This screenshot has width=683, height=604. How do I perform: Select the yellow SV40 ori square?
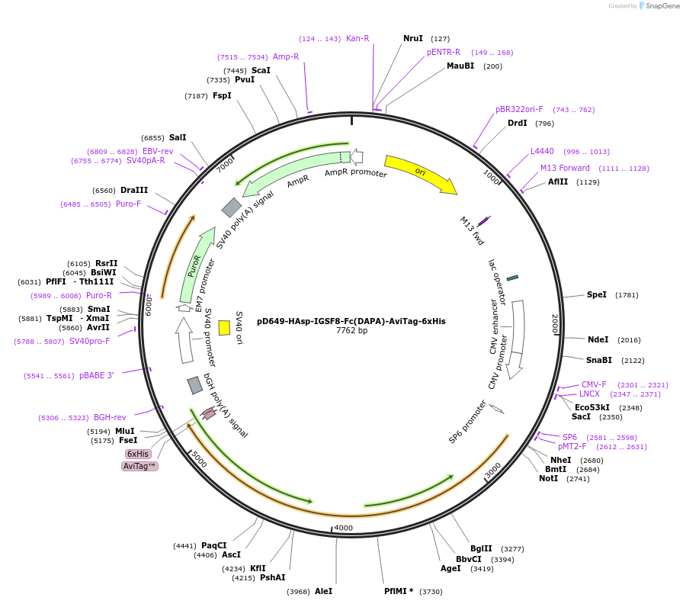(x=224, y=327)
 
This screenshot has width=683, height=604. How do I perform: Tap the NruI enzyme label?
(x=413, y=38)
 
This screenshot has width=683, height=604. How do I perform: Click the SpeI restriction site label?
(x=597, y=294)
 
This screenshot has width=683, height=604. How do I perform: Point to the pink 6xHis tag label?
(x=138, y=454)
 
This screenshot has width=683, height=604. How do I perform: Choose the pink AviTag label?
(x=139, y=466)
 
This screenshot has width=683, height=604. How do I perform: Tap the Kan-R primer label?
(x=358, y=38)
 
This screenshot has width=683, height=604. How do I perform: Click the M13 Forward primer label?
(x=565, y=168)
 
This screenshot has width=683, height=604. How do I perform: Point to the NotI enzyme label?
(x=549, y=478)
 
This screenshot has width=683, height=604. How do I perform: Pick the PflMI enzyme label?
(x=399, y=591)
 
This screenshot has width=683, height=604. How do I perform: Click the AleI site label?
(x=323, y=591)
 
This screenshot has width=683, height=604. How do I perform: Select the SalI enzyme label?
(x=178, y=137)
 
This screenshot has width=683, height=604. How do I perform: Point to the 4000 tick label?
(x=344, y=528)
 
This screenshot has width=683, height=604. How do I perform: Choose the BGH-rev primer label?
(x=110, y=417)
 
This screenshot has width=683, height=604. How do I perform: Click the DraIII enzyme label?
(x=134, y=190)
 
